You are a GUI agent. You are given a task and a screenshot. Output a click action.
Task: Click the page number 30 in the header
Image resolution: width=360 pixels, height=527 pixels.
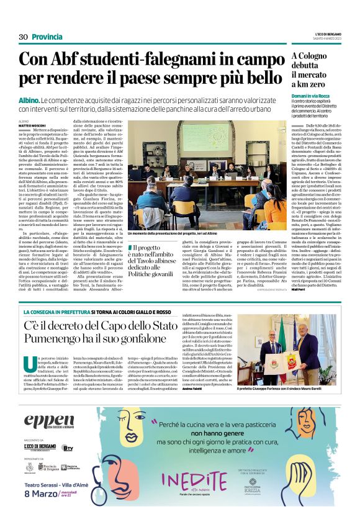(x=24, y=37)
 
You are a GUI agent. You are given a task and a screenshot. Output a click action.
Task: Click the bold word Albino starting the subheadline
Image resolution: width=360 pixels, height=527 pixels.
(x=29, y=99)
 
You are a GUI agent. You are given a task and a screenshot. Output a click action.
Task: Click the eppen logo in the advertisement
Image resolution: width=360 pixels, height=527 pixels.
(x=49, y=421)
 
